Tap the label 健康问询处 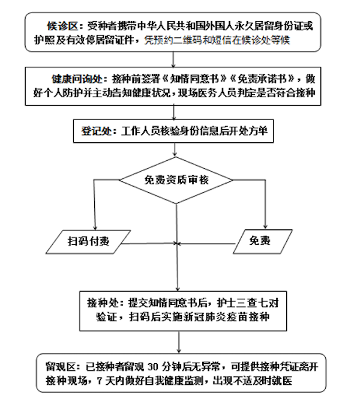[77, 79]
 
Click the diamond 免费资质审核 [176, 178]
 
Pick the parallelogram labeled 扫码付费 [88, 241]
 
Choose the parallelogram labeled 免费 [260, 241]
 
